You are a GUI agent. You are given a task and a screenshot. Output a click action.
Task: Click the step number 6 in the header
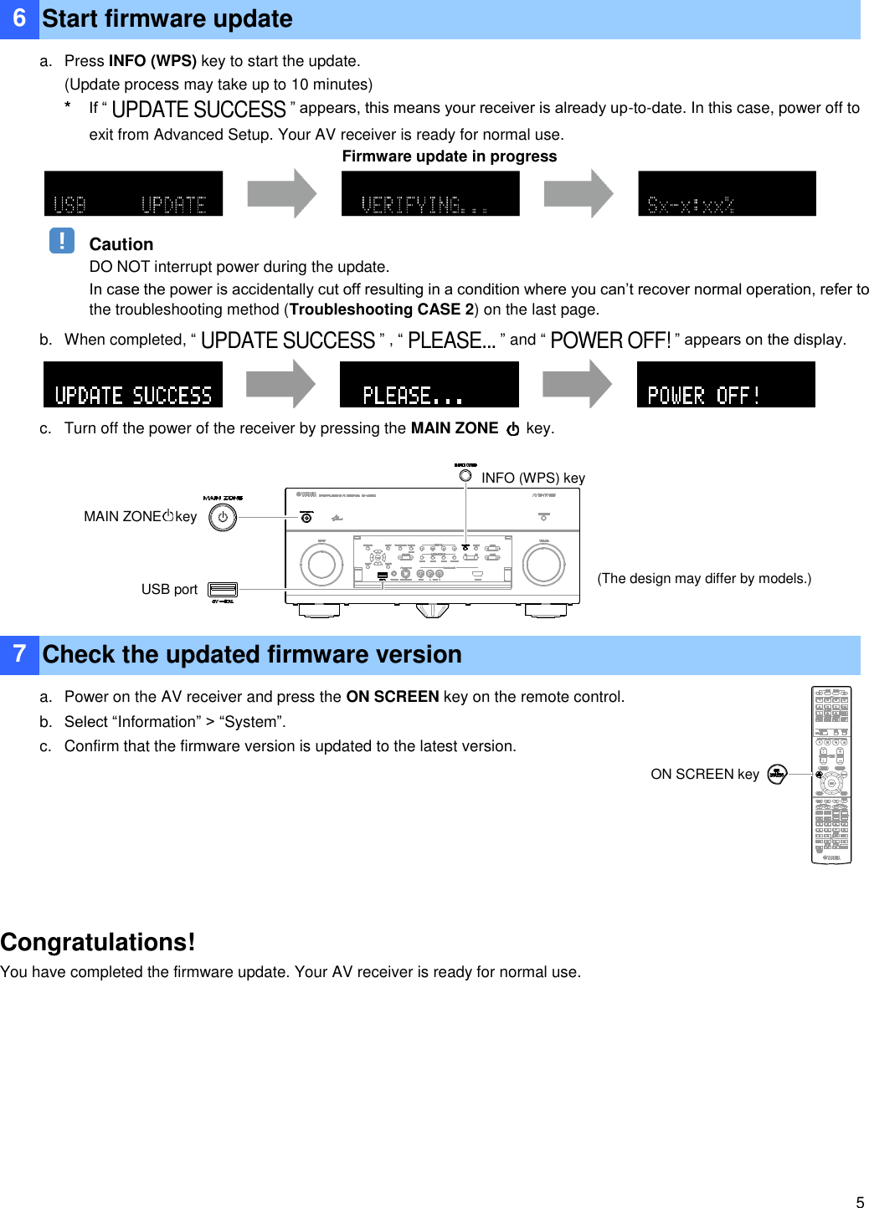[19, 18]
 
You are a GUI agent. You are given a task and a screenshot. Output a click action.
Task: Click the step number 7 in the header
[19, 654]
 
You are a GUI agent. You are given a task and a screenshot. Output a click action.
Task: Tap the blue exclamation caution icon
[62, 241]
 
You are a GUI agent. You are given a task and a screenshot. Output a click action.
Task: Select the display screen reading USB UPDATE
[133, 194]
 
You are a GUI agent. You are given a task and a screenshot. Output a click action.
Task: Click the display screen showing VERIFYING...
[430, 194]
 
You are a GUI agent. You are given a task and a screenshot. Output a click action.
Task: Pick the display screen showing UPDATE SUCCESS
[133, 385]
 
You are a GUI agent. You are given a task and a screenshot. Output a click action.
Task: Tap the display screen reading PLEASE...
[429, 385]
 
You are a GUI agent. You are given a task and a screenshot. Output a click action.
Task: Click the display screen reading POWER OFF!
[726, 385]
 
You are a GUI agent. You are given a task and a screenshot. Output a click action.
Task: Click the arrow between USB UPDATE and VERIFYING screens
[282, 194]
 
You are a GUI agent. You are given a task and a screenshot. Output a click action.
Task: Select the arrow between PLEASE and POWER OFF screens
[578, 385]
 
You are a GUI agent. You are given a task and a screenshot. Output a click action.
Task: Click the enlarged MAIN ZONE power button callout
[223, 517]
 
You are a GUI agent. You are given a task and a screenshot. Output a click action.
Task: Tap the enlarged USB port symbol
[223, 590]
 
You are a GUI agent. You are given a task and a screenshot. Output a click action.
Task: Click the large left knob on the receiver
[321, 564]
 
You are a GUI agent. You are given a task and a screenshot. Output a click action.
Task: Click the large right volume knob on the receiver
[544, 564]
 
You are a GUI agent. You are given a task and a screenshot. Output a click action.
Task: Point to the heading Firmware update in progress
[450, 156]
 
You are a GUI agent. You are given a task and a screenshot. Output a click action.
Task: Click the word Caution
[121, 244]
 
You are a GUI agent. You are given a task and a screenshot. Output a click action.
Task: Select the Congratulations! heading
[98, 942]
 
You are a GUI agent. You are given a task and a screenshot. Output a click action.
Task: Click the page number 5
[860, 1202]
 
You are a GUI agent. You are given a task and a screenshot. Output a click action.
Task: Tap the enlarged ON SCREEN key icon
[777, 774]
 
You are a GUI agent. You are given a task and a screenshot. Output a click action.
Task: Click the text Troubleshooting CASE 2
[382, 310]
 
